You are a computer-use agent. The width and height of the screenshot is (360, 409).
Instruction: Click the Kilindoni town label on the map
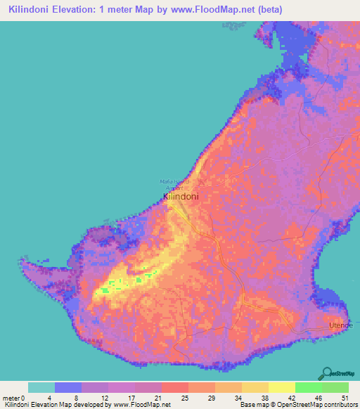point(181,197)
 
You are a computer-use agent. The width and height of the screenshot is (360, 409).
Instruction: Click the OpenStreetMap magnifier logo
point(328,373)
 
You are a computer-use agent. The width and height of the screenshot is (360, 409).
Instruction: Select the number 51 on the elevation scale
point(345,397)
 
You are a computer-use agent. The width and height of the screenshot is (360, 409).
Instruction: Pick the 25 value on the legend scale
point(184,397)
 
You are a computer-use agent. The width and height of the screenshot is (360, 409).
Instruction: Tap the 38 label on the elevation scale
point(264,397)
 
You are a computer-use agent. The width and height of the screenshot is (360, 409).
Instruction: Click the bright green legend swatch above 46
point(308,387)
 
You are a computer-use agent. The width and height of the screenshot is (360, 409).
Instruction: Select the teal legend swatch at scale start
point(41,387)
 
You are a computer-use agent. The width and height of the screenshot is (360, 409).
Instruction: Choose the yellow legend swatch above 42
point(281,387)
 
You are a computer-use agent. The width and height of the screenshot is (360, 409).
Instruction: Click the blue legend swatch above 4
point(68,387)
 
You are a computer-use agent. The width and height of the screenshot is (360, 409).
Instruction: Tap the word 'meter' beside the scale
point(12,397)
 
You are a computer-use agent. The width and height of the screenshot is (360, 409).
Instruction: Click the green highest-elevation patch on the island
point(105,289)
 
